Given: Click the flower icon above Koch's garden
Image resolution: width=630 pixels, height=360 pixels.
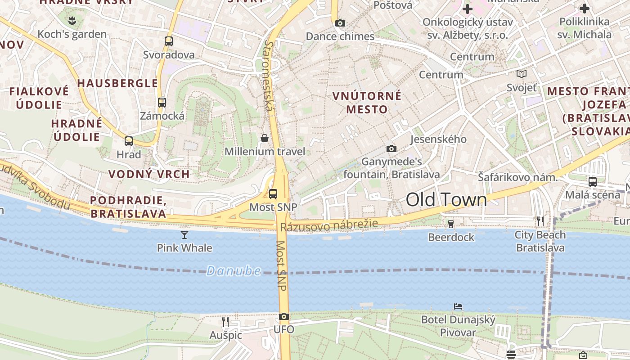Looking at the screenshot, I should pyautogui.click(x=72, y=20).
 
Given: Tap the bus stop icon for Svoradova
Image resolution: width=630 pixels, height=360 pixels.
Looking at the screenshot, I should pyautogui.click(x=169, y=41).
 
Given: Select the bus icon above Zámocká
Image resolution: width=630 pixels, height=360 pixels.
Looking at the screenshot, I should pyautogui.click(x=162, y=103).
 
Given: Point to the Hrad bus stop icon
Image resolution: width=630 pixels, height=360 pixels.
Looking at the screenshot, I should pyautogui.click(x=129, y=141).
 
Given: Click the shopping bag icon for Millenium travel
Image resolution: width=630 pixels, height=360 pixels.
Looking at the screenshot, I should pyautogui.click(x=265, y=138).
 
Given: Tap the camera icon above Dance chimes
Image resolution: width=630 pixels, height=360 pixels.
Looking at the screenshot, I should pyautogui.click(x=340, y=23).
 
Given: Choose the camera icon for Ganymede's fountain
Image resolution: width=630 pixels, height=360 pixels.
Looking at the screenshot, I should pyautogui.click(x=391, y=148).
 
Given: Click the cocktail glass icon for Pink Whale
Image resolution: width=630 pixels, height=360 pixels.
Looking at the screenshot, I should pyautogui.click(x=184, y=234).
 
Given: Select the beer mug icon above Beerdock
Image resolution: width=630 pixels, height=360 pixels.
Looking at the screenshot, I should pyautogui.click(x=451, y=224).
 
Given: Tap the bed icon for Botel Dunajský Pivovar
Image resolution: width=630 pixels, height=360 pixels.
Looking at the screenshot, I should pyautogui.click(x=458, y=306).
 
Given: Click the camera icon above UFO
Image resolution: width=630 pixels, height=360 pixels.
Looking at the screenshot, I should pyautogui.click(x=283, y=316).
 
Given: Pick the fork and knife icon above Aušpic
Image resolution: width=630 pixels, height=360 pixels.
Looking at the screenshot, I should pyautogui.click(x=225, y=321).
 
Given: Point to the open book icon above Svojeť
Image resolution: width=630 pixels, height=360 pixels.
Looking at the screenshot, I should pyautogui.click(x=522, y=74).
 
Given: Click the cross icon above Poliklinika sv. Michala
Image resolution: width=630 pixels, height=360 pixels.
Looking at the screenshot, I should pyautogui.click(x=584, y=8).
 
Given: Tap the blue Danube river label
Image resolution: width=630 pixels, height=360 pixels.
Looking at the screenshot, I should pyautogui.click(x=234, y=271).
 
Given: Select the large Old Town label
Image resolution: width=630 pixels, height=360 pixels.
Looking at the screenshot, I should pyautogui.click(x=446, y=200).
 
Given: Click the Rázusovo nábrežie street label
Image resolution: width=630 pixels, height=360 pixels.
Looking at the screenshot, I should pyautogui.click(x=328, y=225).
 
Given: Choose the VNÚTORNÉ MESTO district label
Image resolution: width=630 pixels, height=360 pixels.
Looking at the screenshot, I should pyautogui.click(x=367, y=102).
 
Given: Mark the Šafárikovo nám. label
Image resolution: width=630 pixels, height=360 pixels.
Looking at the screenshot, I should pyautogui.click(x=517, y=177).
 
